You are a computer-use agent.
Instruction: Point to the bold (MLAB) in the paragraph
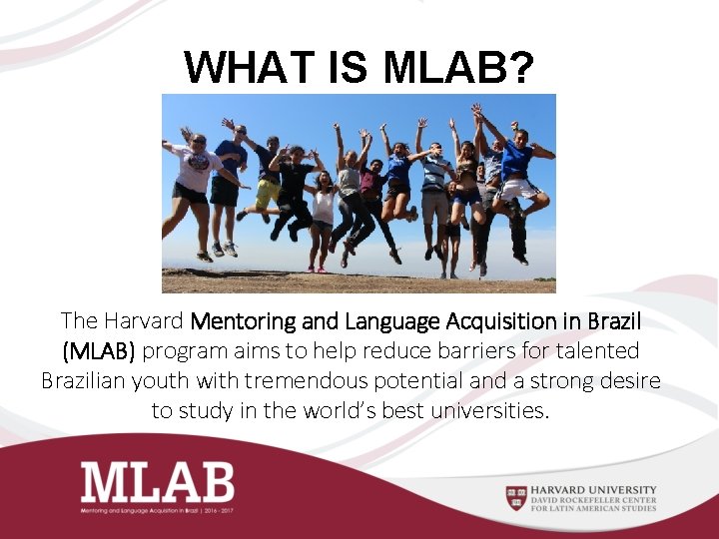[x=103, y=351]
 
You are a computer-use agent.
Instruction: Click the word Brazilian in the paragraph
[x=91, y=381]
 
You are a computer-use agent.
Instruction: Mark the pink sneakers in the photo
[x=316, y=268]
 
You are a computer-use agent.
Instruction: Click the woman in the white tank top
[x=324, y=208]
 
